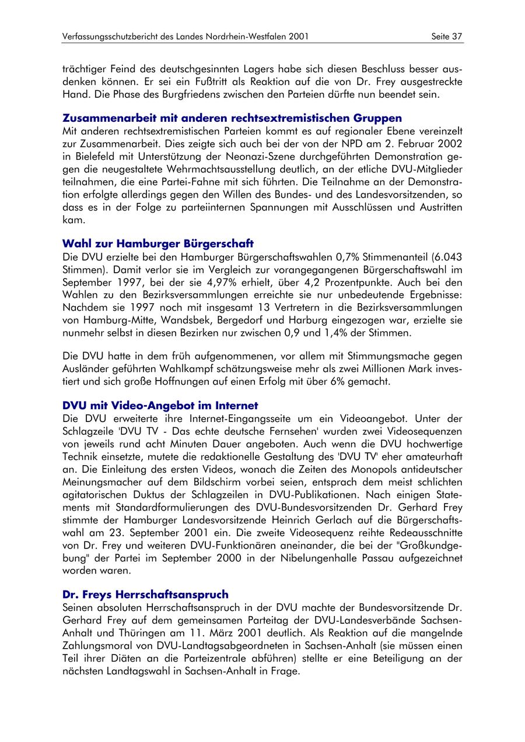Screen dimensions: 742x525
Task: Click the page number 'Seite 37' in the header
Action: click(447, 36)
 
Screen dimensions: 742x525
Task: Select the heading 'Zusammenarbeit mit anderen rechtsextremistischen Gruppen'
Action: click(232, 118)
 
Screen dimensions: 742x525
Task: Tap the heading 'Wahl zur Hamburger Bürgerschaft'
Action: click(158, 243)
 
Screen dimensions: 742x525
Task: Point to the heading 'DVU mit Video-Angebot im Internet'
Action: click(160, 405)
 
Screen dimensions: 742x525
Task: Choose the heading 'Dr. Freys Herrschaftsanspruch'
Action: click(145, 595)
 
